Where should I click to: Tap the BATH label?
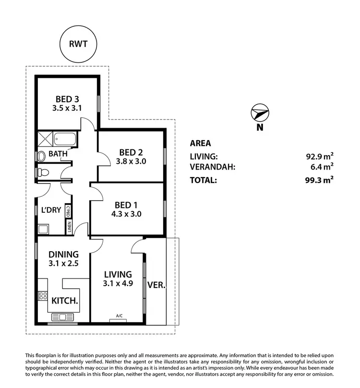point(57,154)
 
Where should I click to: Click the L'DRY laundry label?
point(50,210)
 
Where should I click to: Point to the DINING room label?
point(64,255)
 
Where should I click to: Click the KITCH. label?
point(65,301)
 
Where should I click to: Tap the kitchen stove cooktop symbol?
point(43,296)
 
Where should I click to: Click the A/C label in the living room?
point(119,315)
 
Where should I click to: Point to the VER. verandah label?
point(156,284)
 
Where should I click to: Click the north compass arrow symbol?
point(259,113)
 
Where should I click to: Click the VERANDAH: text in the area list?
point(213,167)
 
